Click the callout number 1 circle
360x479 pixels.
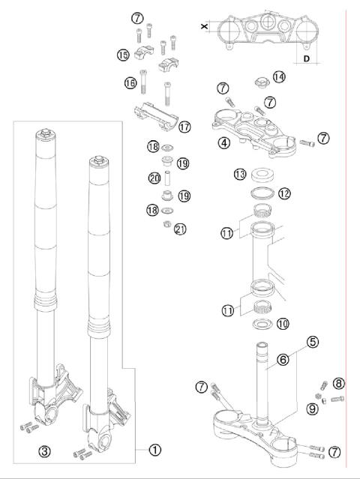pos(154,450)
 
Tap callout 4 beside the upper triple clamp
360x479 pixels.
pos(223,142)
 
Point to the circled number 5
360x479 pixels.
pos(313,342)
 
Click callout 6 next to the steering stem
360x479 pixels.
pos(283,360)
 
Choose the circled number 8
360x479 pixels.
pos(338,383)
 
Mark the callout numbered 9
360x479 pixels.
pos(313,409)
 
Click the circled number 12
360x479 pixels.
pos(284,193)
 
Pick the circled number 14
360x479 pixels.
pos(279,76)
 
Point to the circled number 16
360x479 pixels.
pos(130,82)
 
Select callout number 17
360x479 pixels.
pos(184,127)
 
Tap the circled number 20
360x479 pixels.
pos(155,178)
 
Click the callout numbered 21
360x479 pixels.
pos(179,229)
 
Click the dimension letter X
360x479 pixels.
pos(205,25)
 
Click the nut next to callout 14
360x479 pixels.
pos(259,77)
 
